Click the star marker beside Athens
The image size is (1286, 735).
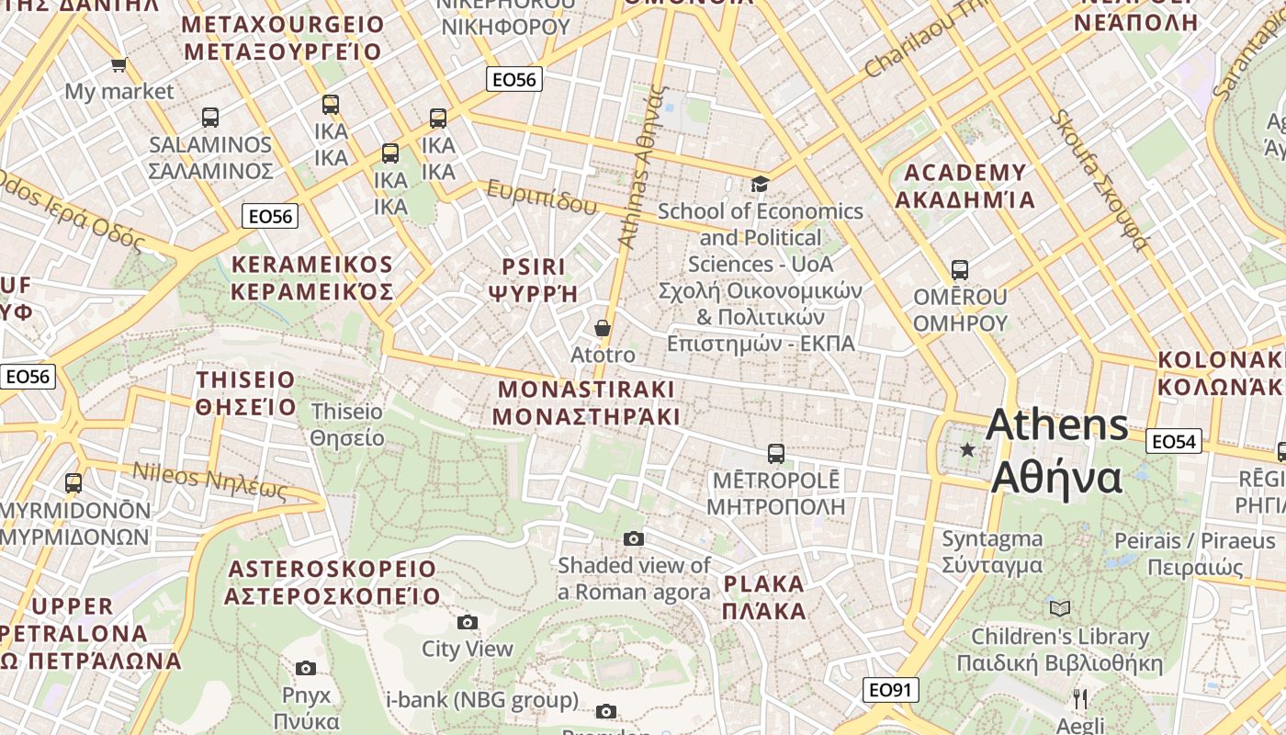[966, 449]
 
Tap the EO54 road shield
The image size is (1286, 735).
[1174, 442]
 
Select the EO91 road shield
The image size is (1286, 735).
[890, 690]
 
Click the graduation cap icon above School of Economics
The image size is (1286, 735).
[760, 185]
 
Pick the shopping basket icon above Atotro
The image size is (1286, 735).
[603, 328]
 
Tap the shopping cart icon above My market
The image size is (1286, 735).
[118, 65]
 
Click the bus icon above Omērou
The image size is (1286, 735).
[960, 270]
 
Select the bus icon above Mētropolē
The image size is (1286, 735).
[775, 454]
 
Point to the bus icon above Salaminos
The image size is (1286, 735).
[210, 118]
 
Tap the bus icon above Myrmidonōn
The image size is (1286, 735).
[73, 483]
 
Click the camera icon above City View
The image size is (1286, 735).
[468, 623]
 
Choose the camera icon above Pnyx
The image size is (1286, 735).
[306, 668]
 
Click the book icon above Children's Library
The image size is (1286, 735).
[1060, 608]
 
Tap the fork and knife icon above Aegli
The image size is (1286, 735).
[1080, 699]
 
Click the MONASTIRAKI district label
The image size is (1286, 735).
[586, 402]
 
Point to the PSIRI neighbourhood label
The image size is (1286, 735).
[534, 279]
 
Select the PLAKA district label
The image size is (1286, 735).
[763, 597]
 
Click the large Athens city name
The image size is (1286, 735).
[1057, 451]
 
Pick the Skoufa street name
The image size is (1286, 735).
[1099, 180]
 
